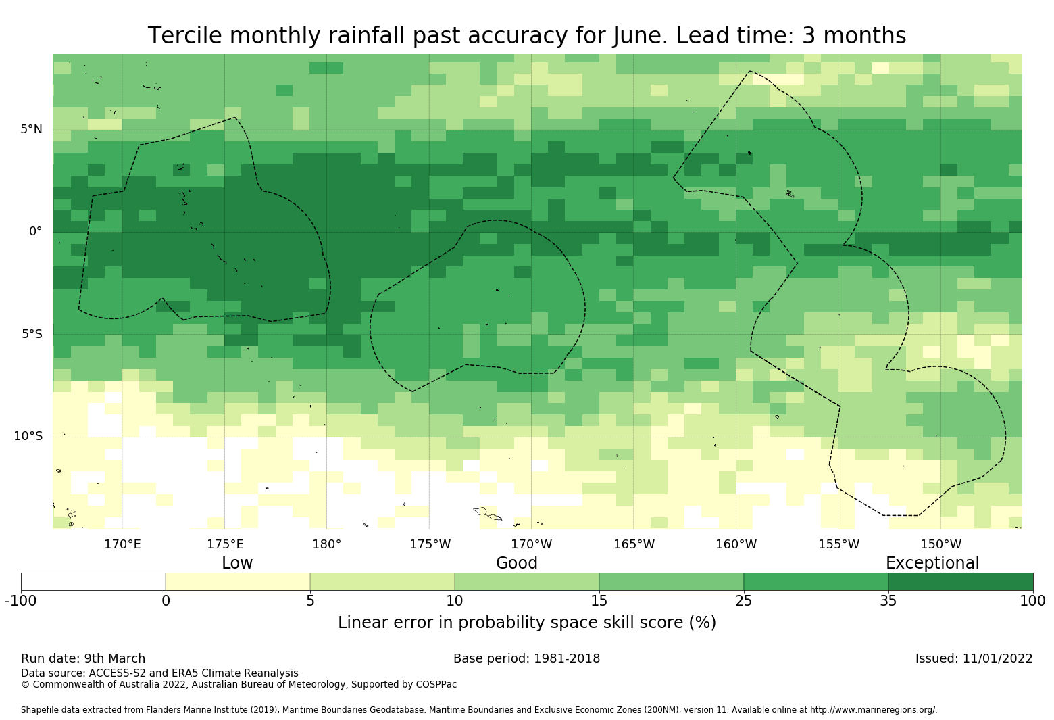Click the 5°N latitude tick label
(x=31, y=129)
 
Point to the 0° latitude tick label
(x=35, y=231)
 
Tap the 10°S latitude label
(x=28, y=436)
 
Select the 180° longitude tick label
(x=326, y=544)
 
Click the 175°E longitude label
(x=225, y=544)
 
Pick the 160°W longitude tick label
(x=736, y=544)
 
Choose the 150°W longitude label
(x=940, y=544)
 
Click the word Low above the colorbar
(x=237, y=563)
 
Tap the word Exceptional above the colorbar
(x=932, y=563)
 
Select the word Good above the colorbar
(x=517, y=563)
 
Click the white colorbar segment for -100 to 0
(x=93, y=581)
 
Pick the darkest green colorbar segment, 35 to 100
(x=960, y=581)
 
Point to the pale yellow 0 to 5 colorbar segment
(x=238, y=581)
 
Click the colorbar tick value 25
(x=743, y=601)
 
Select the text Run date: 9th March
(x=83, y=658)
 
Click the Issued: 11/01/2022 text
(x=974, y=658)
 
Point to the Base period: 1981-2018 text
(x=526, y=658)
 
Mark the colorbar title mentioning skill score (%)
(x=526, y=623)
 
